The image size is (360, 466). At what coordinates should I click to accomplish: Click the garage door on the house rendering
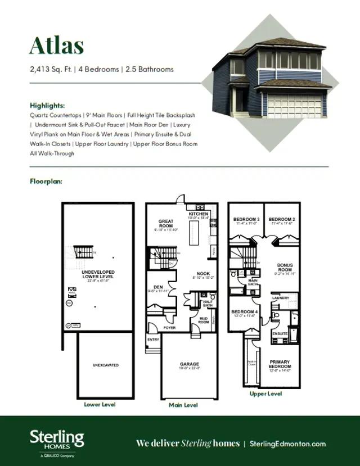pyautogui.click(x=294, y=105)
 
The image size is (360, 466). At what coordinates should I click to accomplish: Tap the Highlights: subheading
pyautogui.click(x=47, y=105)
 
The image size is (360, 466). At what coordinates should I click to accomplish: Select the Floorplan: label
pyautogui.click(x=46, y=182)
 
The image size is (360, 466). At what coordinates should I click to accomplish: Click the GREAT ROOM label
pyautogui.click(x=165, y=224)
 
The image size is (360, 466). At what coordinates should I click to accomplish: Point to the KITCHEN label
pyautogui.click(x=199, y=214)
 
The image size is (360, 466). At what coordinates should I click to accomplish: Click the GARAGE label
pyautogui.click(x=190, y=364)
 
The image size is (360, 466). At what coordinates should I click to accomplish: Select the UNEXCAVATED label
pyautogui.click(x=105, y=365)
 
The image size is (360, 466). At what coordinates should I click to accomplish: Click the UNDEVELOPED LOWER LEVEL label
pyautogui.click(x=98, y=274)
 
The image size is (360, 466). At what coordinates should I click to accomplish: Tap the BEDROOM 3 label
pyautogui.click(x=246, y=219)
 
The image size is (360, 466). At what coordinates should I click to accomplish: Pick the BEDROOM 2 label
pyautogui.click(x=282, y=219)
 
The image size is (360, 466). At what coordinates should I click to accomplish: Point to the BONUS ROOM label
pyautogui.click(x=285, y=268)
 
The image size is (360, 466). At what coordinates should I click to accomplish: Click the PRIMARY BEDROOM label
pyautogui.click(x=280, y=364)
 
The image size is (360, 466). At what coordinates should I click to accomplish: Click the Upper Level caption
pyautogui.click(x=266, y=394)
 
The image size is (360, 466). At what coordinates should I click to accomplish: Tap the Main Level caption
pyautogui.click(x=183, y=405)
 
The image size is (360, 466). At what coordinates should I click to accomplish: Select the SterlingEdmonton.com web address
pyautogui.click(x=295, y=443)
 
